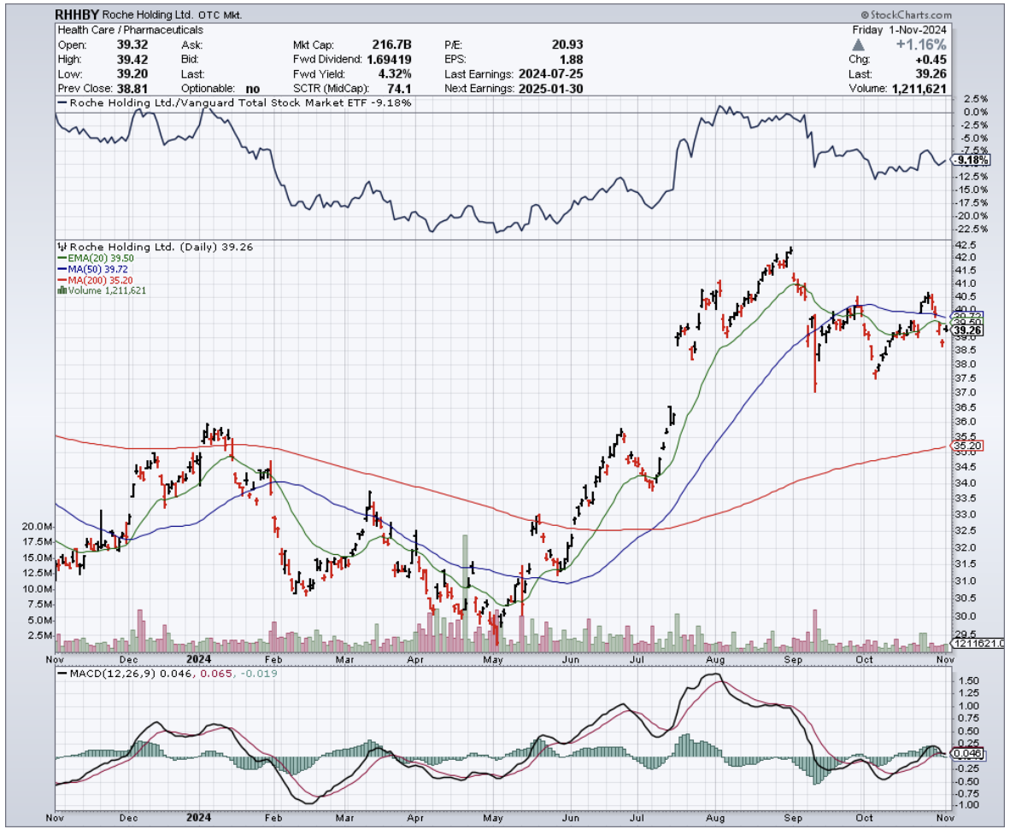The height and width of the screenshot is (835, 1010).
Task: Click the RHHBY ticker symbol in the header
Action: tap(76, 15)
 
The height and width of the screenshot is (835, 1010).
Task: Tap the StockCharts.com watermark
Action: tap(908, 15)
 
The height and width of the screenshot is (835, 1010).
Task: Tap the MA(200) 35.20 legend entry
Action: tap(91, 280)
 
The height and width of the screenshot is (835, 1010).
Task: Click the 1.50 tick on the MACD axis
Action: tap(966, 680)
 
